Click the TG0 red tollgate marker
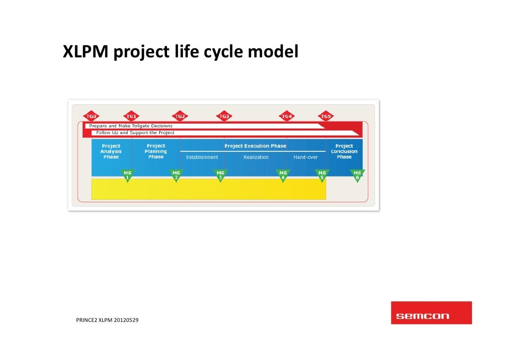(x=91, y=116)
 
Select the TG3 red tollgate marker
(x=224, y=116)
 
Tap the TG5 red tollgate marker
(x=326, y=116)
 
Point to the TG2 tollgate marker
(x=180, y=116)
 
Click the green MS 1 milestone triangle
(x=127, y=175)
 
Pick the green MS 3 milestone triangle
(x=220, y=175)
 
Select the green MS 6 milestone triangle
(x=357, y=175)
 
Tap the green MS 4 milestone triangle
(x=283, y=175)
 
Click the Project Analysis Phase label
(x=111, y=151)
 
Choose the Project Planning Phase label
(x=156, y=151)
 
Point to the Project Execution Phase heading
(x=255, y=146)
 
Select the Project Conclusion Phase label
(x=344, y=151)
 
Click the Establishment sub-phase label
(x=202, y=157)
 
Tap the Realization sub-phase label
(x=256, y=157)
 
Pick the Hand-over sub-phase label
(x=306, y=157)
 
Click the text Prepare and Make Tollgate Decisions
(x=131, y=126)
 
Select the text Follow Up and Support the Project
(x=135, y=133)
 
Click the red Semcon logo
(x=431, y=313)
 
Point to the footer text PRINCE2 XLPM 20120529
(x=107, y=320)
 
